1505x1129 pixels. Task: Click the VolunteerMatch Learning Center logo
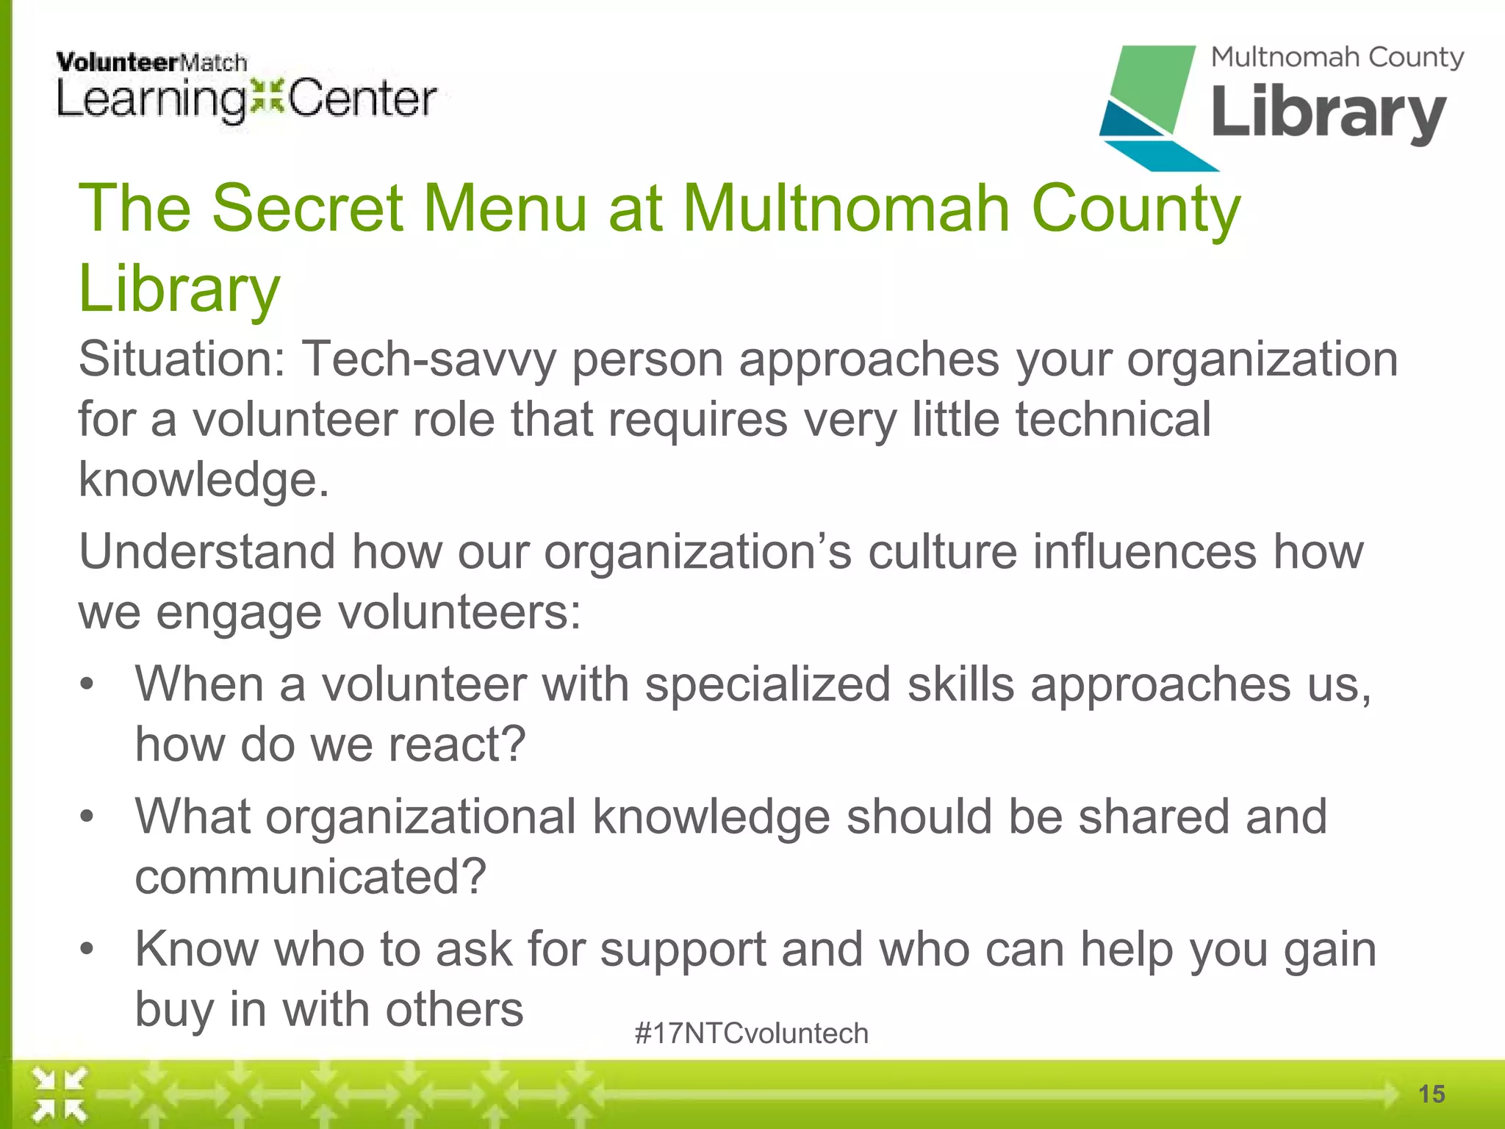246,87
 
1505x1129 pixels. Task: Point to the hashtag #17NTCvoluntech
751,1033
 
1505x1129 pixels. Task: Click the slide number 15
1432,1094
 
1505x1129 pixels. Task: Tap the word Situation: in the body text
182,359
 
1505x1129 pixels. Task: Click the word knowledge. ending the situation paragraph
204,479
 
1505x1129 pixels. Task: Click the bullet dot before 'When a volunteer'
87,684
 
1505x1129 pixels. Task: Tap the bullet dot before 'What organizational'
87,817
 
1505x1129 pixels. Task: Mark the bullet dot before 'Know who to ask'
87,949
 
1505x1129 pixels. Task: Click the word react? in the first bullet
456,744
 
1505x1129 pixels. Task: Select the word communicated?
311,877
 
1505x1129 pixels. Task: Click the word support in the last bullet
683,950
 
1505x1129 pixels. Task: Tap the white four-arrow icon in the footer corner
60,1095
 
